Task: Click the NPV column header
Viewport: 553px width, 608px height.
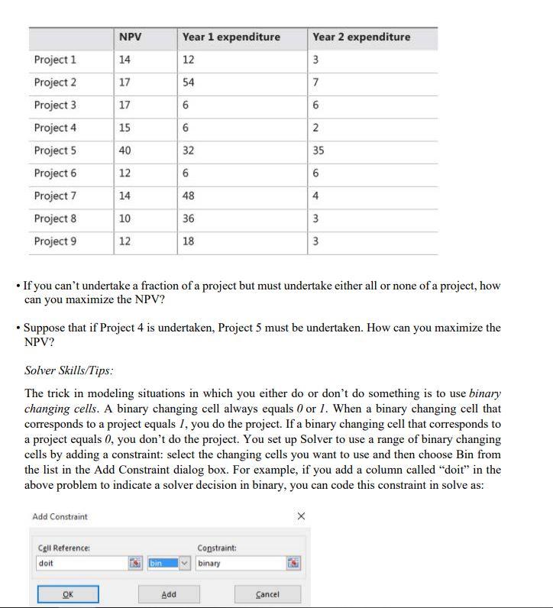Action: coord(131,37)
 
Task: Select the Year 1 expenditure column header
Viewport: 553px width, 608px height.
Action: coord(231,37)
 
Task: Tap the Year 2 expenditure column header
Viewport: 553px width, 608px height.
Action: coord(361,37)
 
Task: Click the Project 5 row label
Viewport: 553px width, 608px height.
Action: coord(55,150)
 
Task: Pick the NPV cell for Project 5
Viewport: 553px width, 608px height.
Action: coord(125,150)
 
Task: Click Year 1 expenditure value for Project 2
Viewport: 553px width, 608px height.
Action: coord(189,82)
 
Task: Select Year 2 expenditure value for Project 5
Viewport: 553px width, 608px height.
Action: coord(319,150)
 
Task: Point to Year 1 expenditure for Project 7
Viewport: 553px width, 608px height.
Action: coord(189,196)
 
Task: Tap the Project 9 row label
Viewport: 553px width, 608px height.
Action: coord(55,241)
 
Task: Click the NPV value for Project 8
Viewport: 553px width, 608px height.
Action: coord(125,218)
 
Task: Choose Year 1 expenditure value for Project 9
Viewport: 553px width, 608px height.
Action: coord(189,241)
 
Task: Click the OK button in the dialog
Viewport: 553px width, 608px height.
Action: coord(69,593)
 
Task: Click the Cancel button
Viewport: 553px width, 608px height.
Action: coord(267,593)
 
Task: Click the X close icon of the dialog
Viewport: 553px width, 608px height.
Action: coord(300,516)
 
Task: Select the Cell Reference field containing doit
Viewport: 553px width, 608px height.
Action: coord(80,564)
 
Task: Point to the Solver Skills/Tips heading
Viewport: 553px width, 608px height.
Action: coord(70,370)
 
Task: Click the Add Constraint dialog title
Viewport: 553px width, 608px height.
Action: coord(60,516)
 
